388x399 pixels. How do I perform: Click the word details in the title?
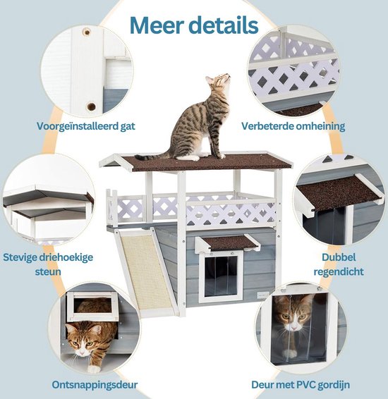point(224,25)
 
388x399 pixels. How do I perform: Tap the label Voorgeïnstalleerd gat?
point(86,127)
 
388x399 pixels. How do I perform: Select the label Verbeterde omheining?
point(293,127)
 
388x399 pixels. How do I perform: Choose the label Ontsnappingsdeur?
point(95,385)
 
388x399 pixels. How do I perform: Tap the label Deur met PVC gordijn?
point(301,385)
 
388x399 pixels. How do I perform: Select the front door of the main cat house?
point(219,275)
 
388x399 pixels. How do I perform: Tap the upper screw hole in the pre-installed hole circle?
point(87,32)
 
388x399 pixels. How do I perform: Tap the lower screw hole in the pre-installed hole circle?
point(90,106)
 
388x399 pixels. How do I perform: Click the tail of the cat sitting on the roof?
point(152,154)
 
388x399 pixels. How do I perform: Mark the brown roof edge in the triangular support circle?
point(42,203)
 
